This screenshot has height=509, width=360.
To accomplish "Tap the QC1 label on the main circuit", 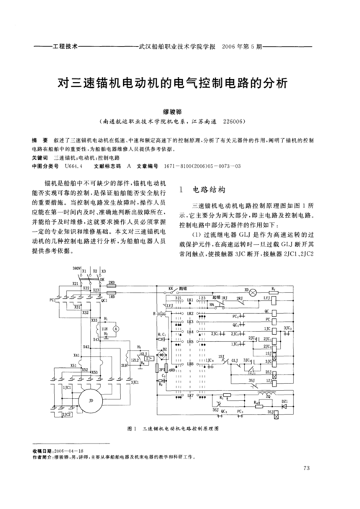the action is click(x=105, y=302).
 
